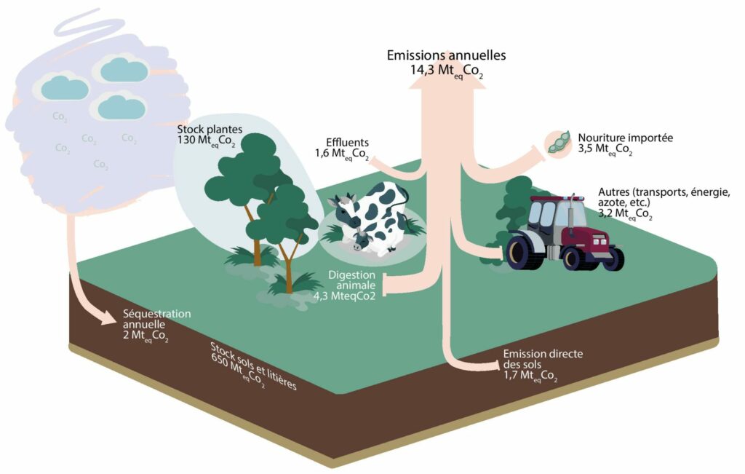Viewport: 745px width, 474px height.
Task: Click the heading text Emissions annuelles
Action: [446, 55]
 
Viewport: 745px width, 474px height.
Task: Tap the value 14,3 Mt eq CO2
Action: [446, 71]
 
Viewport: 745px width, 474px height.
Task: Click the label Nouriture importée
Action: [626, 137]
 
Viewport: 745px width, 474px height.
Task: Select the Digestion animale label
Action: [351, 280]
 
